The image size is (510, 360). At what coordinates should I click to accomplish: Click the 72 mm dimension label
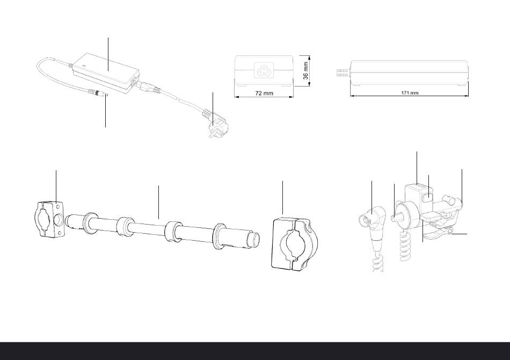264,93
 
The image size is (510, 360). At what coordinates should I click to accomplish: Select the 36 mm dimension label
306,71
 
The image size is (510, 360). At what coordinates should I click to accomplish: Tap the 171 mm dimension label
410,93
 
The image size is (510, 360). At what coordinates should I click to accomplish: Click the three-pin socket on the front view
264,70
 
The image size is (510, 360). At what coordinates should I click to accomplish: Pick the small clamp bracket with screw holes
49,219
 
